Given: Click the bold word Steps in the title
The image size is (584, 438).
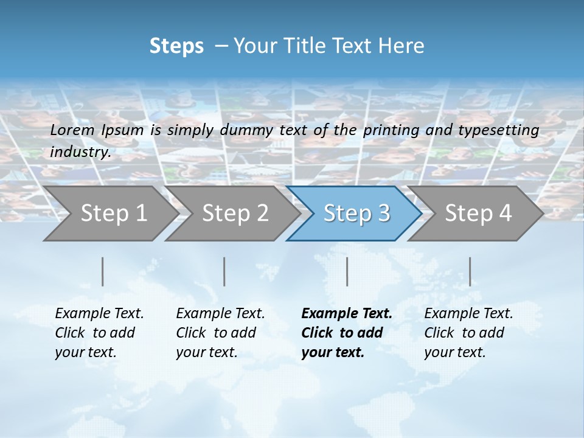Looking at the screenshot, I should click(176, 46).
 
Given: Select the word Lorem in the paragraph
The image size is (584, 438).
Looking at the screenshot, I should click(72, 130).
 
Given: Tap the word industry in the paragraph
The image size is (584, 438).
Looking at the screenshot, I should click(80, 152).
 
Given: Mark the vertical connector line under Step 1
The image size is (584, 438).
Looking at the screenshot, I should click(102, 271).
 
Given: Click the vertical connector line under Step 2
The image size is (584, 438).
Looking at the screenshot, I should click(224, 271).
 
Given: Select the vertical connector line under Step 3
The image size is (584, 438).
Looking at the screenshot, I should click(347, 271).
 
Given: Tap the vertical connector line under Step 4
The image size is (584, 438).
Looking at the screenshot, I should click(470, 271).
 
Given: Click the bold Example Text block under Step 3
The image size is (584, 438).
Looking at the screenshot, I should click(346, 333).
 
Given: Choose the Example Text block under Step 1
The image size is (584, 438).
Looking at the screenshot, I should click(99, 333).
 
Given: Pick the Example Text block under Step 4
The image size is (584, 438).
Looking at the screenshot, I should click(468, 333).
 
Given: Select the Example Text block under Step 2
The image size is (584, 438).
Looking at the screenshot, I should click(220, 333).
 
